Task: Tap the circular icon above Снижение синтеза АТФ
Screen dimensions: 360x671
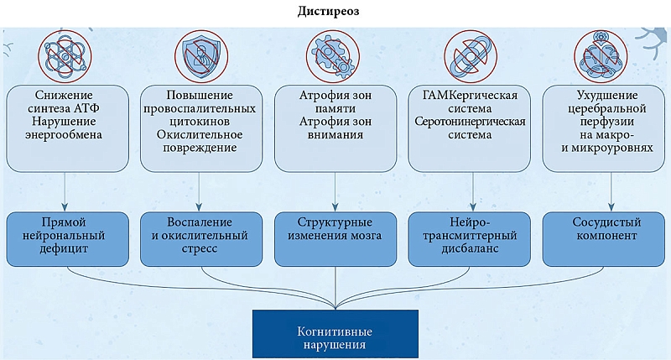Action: coord(64,55)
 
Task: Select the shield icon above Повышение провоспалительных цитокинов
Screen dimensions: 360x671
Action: coord(200,55)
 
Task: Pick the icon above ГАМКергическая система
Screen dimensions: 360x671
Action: coord(470,55)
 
